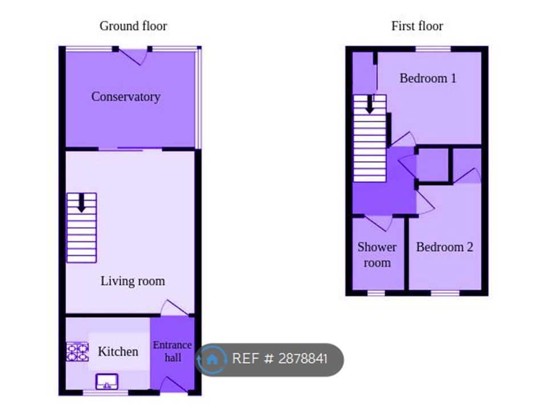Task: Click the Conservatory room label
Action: point(125,97)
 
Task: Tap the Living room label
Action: point(133,281)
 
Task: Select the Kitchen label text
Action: point(118,351)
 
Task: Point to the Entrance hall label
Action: point(173,351)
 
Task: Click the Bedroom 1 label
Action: point(428,78)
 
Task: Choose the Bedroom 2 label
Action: point(444,247)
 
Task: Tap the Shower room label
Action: point(377,255)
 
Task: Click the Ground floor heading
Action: point(133,26)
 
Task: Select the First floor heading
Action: point(417,26)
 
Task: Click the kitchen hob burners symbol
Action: point(77,351)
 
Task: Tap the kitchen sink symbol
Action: point(106,380)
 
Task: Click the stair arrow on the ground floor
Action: point(81,203)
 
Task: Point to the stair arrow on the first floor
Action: point(370,104)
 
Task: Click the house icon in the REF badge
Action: point(212,359)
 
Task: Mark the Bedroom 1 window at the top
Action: point(432,49)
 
